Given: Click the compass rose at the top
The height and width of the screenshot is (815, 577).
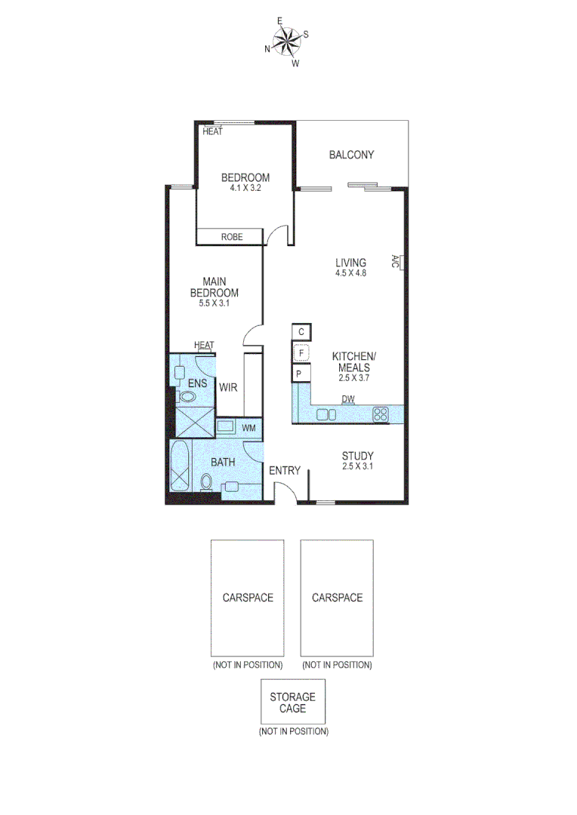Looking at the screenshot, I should [x=287, y=42].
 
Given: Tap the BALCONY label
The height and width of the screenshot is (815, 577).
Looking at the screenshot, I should [x=351, y=155].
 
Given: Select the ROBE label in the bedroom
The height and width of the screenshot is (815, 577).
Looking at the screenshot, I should [x=231, y=237].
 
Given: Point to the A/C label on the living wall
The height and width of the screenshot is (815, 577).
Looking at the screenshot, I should [x=396, y=262].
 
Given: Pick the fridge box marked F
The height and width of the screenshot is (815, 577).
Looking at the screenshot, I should [x=301, y=352].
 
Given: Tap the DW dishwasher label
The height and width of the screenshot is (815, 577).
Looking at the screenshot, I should [x=348, y=399].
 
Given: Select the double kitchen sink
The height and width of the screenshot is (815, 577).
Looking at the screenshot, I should [x=326, y=414].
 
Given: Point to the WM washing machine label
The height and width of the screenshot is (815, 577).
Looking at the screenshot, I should [x=248, y=428].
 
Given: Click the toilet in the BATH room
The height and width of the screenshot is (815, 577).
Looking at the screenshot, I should [x=206, y=481].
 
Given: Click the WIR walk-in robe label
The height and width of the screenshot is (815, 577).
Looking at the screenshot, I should [x=229, y=388].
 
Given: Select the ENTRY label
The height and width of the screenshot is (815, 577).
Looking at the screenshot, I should [x=285, y=471].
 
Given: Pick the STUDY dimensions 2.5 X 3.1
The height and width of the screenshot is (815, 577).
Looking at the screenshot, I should [x=358, y=466].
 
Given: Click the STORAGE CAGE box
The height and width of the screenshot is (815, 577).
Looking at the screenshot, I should [x=293, y=703].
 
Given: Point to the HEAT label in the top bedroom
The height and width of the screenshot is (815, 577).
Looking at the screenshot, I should [x=213, y=131].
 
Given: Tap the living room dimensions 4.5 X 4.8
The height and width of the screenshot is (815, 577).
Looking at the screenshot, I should [x=351, y=273].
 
